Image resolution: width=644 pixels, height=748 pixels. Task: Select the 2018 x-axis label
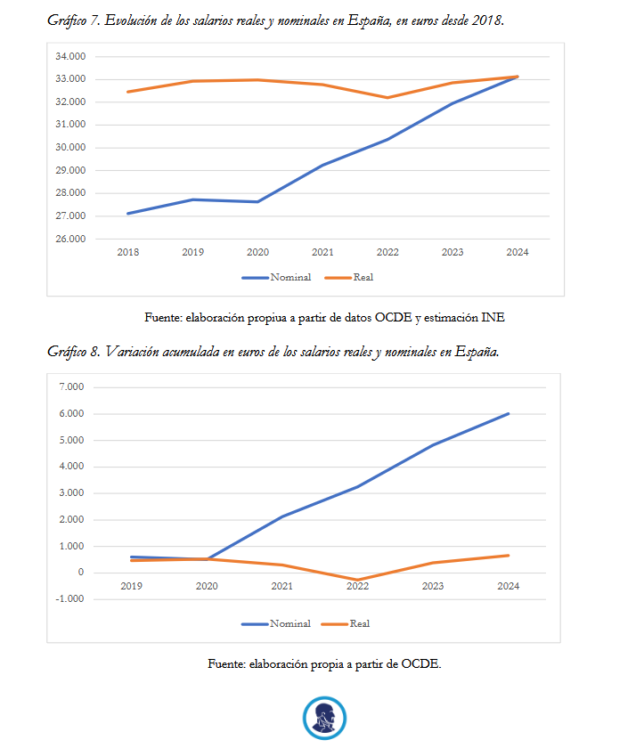coord(128,253)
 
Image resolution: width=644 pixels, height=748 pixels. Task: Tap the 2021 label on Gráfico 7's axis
coord(322,253)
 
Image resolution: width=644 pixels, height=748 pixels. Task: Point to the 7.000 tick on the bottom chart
coord(71,387)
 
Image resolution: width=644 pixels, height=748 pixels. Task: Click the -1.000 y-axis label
coord(69,598)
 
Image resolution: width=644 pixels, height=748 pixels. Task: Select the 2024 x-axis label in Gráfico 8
coord(509,586)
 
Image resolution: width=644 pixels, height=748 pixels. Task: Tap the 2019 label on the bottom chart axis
coord(131,586)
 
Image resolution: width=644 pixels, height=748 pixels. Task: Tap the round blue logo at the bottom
coord(323,717)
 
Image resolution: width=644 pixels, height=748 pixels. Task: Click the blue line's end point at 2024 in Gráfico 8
coord(509,413)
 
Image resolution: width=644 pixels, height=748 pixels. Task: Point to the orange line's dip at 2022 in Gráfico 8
coord(357,580)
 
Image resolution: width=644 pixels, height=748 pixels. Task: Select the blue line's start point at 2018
coord(128,213)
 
